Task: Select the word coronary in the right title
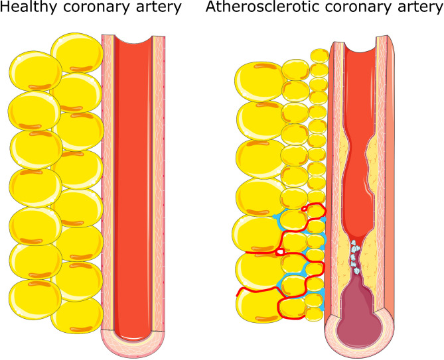click(356, 7)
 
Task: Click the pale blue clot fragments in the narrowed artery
click(355, 257)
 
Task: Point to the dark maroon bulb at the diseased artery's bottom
click(360, 320)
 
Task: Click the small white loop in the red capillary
click(280, 251)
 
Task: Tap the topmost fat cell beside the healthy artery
click(77, 53)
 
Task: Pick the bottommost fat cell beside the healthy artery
click(78, 316)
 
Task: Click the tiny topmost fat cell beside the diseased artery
click(320, 56)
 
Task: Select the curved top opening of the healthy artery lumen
click(133, 39)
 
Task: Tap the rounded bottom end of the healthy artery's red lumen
click(133, 335)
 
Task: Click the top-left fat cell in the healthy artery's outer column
click(36, 71)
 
